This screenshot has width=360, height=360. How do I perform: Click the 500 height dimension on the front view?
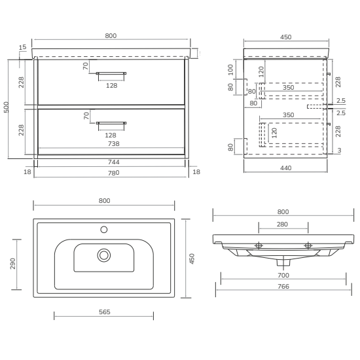(x=6, y=107)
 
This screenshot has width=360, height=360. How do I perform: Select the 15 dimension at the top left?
(x=22, y=47)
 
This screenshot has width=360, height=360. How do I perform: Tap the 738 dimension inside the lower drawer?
(x=114, y=144)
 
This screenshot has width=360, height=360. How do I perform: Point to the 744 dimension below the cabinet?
(x=114, y=162)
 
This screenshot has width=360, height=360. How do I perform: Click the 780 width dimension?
(x=114, y=173)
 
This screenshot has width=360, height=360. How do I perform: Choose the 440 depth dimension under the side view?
(x=286, y=168)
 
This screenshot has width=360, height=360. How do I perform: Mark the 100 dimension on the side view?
(x=230, y=70)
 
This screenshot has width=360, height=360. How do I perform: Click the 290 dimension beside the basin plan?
(x=12, y=264)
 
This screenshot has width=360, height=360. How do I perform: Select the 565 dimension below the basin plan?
(x=105, y=312)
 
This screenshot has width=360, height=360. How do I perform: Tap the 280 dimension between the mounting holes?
(x=282, y=224)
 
